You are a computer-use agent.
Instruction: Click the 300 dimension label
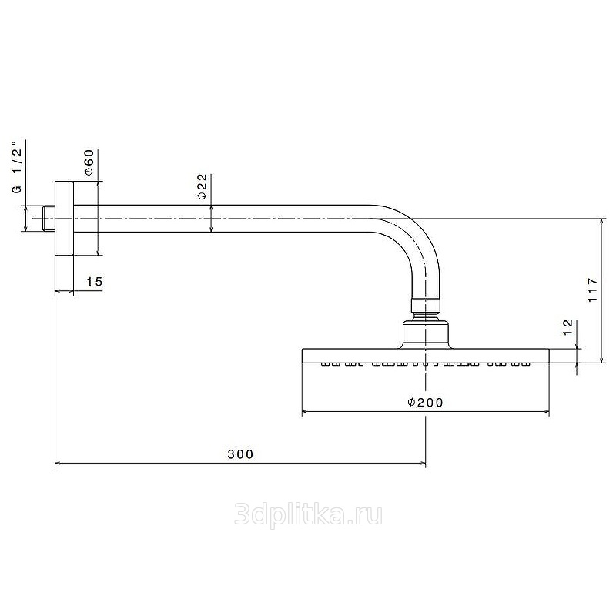[240, 454]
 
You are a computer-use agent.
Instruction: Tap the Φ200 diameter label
[425, 402]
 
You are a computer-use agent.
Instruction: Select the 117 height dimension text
[592, 290]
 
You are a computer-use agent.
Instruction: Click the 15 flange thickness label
[94, 281]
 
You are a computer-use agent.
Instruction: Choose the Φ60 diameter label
[89, 162]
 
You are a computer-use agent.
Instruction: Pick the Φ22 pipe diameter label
[202, 186]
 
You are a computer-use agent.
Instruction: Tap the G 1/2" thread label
[17, 166]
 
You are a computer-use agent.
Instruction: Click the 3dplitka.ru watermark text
[308, 514]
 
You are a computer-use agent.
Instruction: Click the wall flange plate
[64, 219]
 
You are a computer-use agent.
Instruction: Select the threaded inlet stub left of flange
[49, 219]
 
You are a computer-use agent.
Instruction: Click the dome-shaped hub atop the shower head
[426, 335]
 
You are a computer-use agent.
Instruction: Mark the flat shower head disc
[426, 356]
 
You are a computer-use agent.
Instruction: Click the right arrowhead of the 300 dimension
[423, 464]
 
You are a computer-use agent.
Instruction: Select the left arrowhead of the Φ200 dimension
[305, 412]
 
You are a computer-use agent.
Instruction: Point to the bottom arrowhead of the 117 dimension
[601, 360]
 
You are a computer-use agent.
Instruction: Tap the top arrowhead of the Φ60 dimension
[98, 185]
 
